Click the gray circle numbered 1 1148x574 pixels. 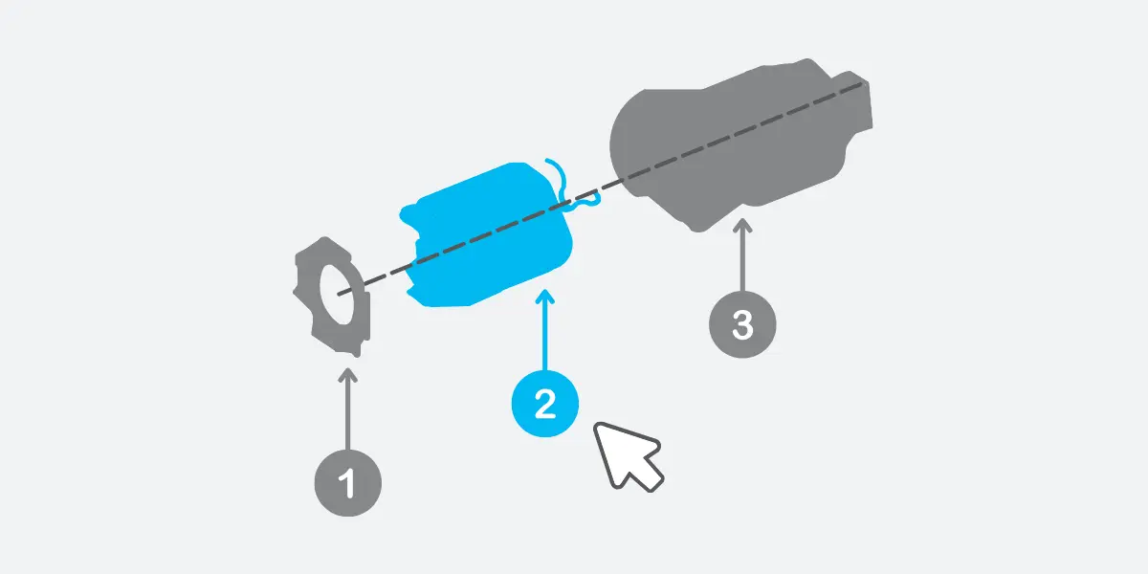(347, 483)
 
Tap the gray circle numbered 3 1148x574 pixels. (742, 323)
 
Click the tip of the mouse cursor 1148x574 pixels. (598, 426)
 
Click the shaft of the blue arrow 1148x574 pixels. (544, 335)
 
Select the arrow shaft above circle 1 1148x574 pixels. (347, 411)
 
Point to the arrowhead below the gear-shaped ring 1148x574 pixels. (347, 371)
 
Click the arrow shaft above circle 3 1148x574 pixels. (742, 258)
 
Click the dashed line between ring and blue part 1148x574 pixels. (383, 278)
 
